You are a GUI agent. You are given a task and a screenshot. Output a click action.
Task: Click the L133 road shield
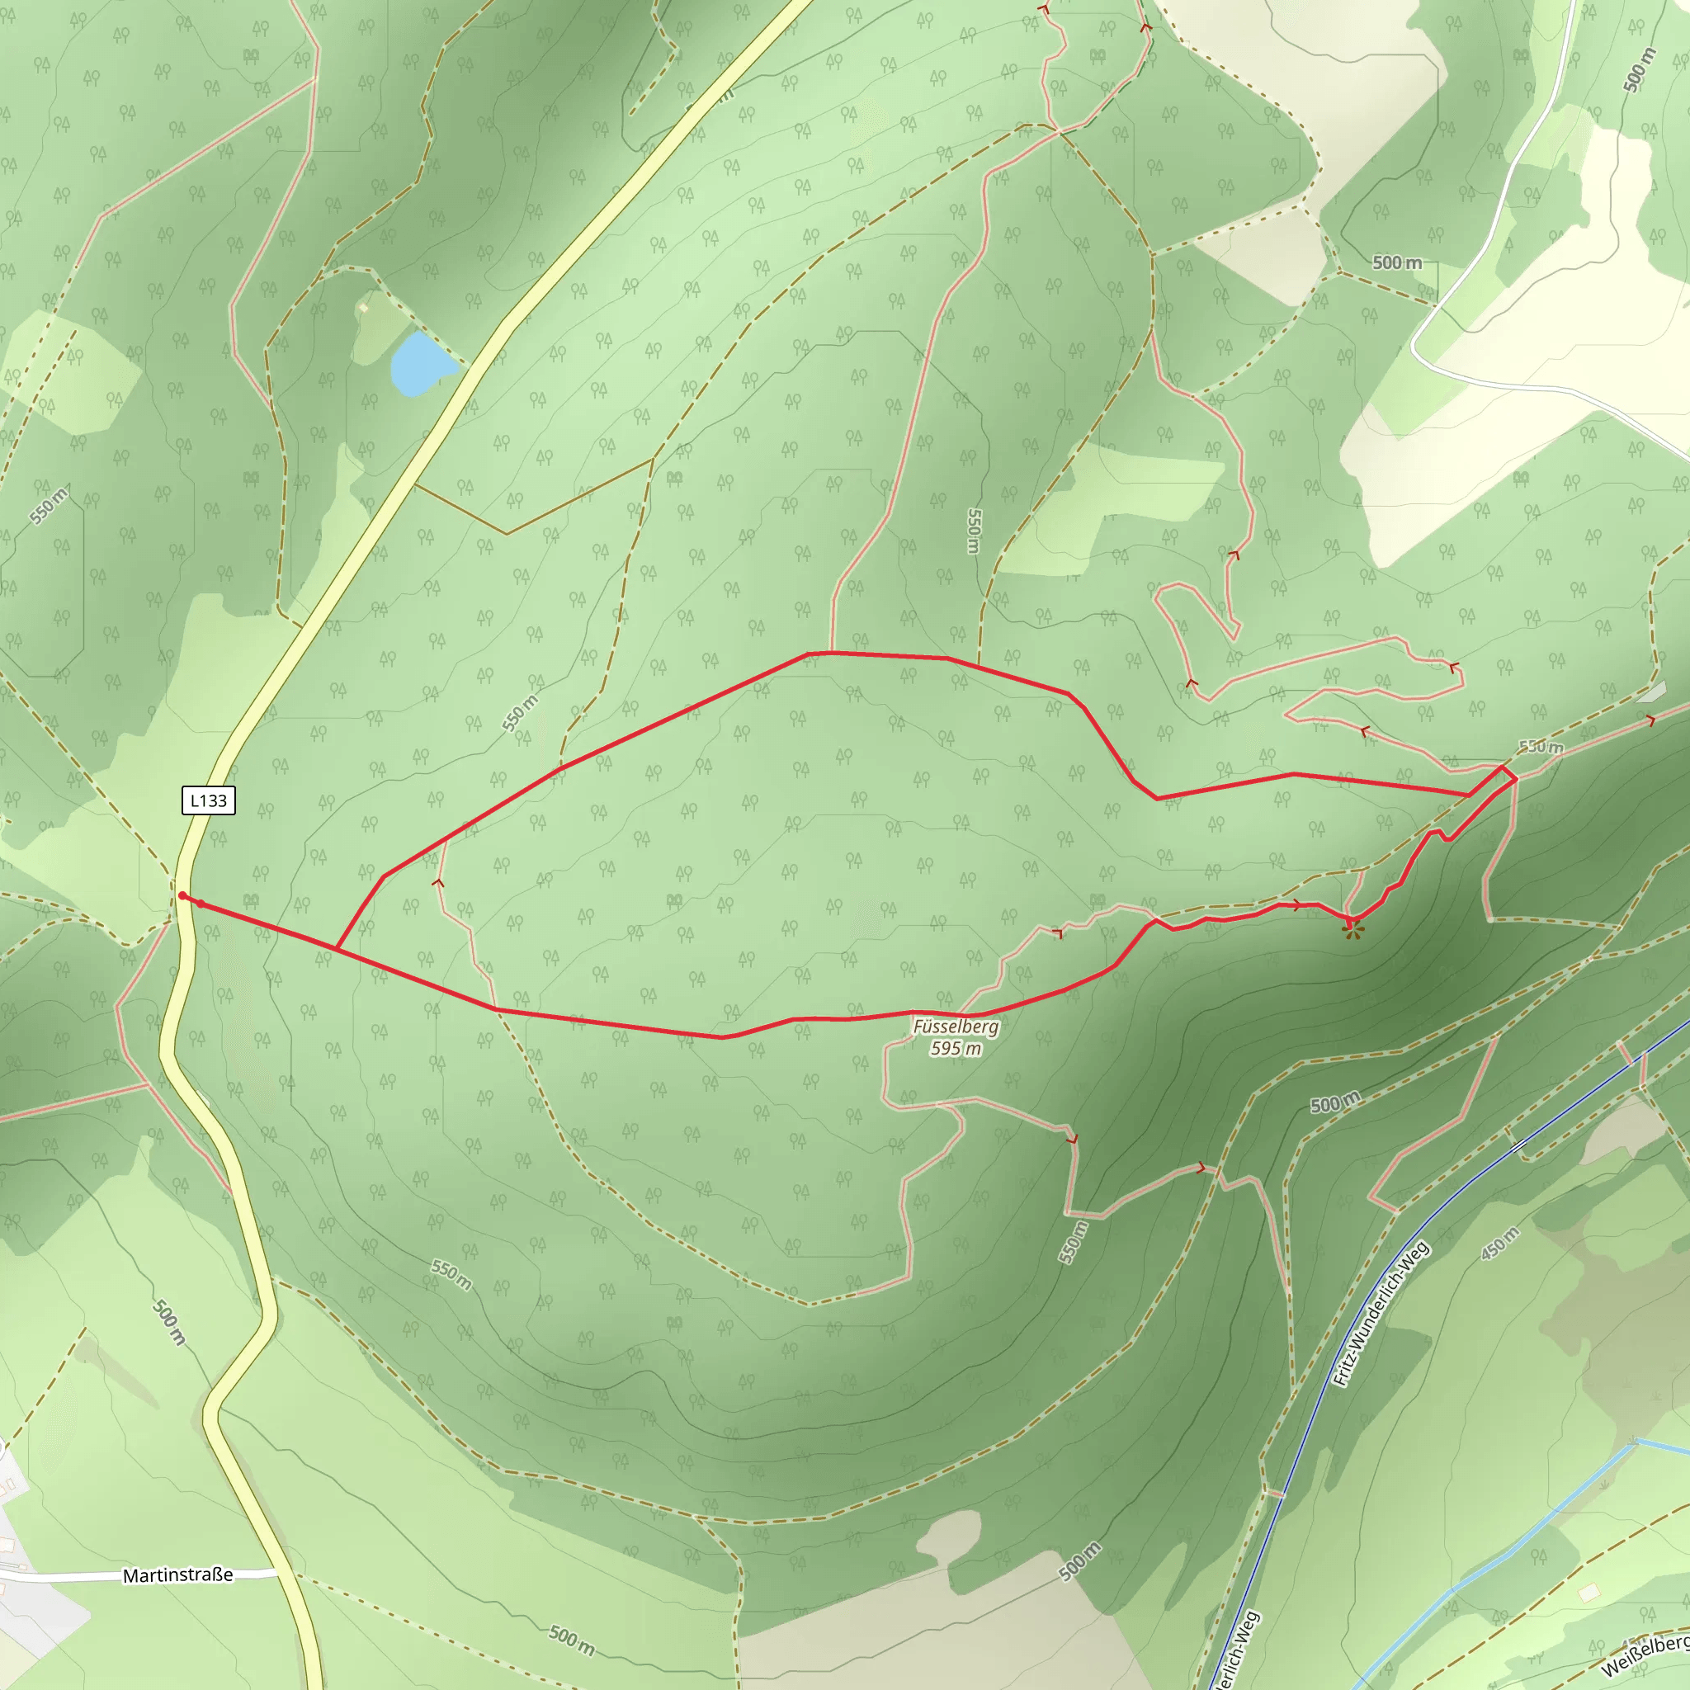(x=208, y=800)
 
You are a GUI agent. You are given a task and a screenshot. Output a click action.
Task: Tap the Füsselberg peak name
(x=956, y=1027)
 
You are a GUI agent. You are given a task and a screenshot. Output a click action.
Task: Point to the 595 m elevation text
(x=956, y=1048)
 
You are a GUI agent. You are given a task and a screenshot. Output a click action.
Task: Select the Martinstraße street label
(x=177, y=1575)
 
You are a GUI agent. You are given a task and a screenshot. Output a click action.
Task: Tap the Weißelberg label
(x=1645, y=1655)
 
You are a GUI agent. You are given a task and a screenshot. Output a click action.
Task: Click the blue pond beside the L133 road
(x=418, y=364)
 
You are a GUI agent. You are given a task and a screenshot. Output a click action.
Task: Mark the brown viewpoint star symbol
(x=1353, y=932)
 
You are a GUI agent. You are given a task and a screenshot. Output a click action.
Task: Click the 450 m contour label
(x=1499, y=1243)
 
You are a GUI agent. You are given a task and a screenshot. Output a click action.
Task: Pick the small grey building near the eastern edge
(x=1651, y=692)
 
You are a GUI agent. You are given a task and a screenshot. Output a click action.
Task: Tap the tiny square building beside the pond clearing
(x=363, y=308)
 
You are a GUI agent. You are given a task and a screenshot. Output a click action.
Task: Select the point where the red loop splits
(x=337, y=948)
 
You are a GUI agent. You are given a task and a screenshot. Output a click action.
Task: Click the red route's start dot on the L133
(x=182, y=895)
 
